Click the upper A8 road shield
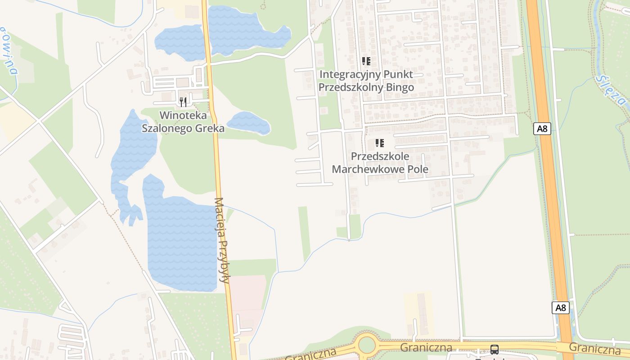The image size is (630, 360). [542, 129]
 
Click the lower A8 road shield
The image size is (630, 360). [560, 308]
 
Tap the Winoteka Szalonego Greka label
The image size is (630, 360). [183, 121]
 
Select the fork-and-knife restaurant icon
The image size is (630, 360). [183, 102]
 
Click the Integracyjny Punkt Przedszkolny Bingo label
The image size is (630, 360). [366, 81]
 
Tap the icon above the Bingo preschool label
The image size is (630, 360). [366, 61]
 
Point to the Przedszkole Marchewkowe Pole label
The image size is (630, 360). [380, 162]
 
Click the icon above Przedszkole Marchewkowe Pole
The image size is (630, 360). [380, 143]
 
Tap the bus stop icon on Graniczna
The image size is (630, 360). [494, 349]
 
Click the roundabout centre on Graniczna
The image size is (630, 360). [367, 346]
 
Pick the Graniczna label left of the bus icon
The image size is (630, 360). [426, 347]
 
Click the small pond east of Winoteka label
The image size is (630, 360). [248, 123]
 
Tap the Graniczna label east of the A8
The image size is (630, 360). [594, 348]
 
